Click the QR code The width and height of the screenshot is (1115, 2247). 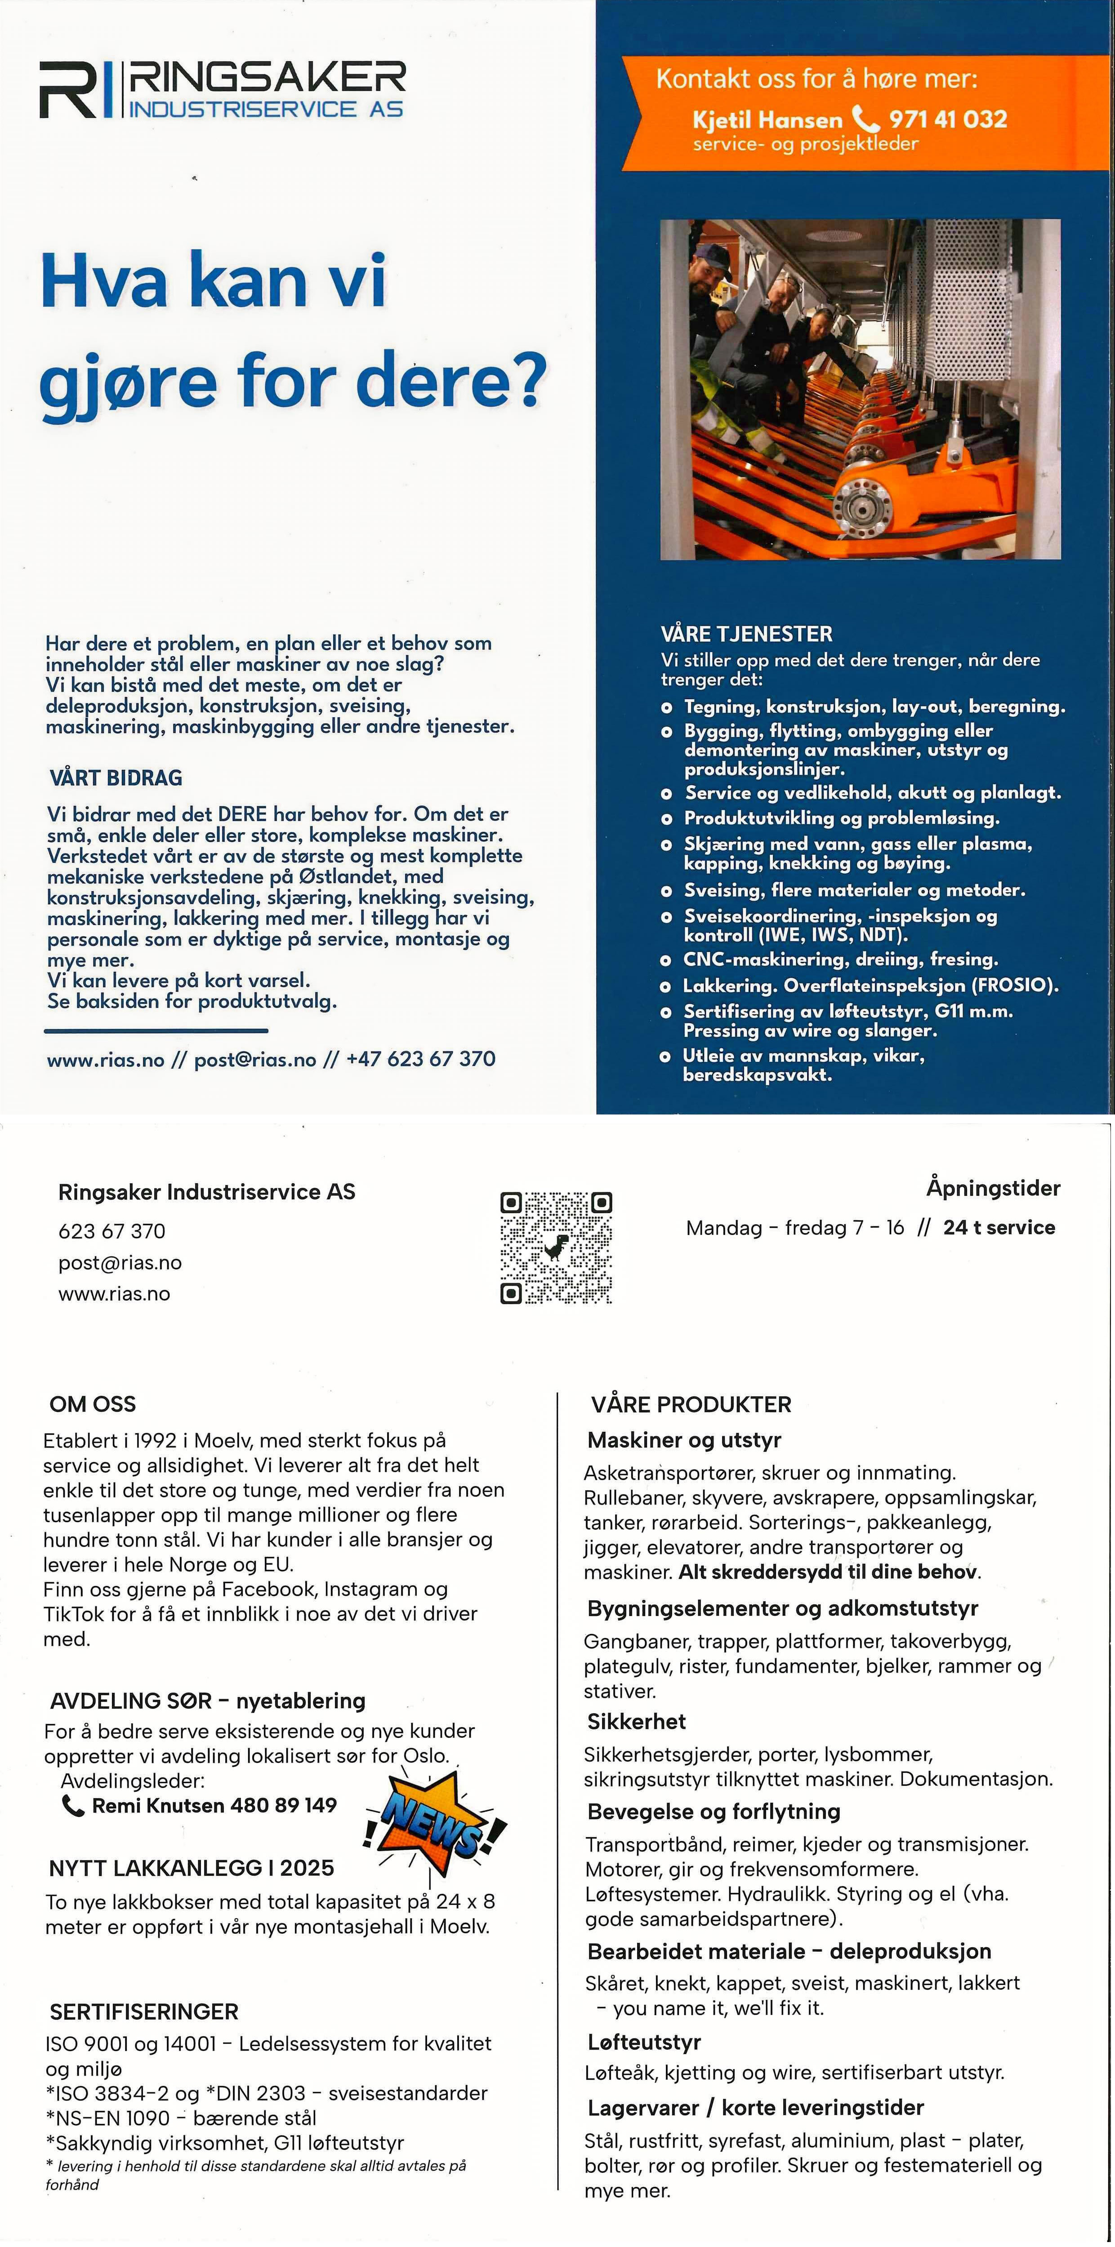[556, 1248]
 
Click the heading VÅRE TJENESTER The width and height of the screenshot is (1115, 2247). [746, 634]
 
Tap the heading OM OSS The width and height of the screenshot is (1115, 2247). [93, 1403]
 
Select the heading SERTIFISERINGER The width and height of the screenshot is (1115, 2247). [144, 2012]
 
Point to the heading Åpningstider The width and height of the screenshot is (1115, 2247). [993, 1188]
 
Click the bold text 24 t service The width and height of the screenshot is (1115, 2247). [999, 1227]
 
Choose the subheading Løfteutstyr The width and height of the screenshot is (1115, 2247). [644, 2042]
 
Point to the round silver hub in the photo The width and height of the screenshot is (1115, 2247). [859, 504]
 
